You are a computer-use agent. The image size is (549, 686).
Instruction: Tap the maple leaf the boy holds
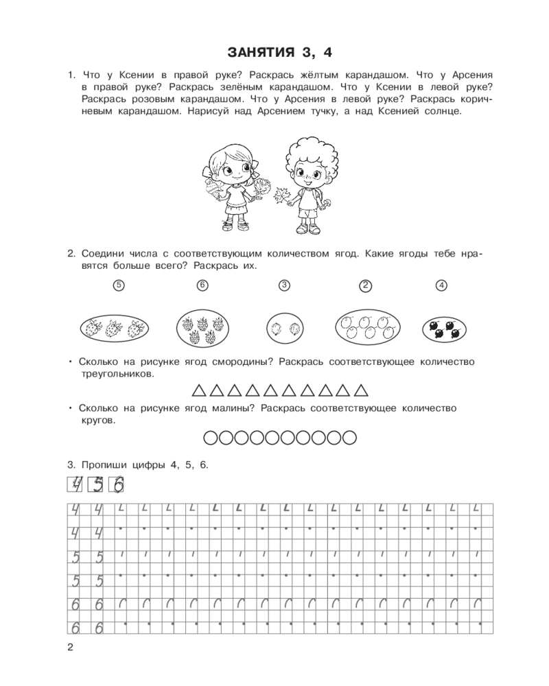coord(281,197)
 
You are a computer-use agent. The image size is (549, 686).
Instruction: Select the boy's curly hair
coord(307,151)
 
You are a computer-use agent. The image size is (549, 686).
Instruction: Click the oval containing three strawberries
coord(113,328)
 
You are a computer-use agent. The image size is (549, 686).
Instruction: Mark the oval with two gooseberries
coord(283,328)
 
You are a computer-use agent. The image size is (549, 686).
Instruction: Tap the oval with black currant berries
coord(441,328)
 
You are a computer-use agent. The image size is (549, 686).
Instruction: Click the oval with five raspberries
coord(202,328)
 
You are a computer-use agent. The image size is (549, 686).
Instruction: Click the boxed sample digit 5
coord(97,485)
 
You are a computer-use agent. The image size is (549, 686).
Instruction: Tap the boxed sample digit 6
coord(119,485)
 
